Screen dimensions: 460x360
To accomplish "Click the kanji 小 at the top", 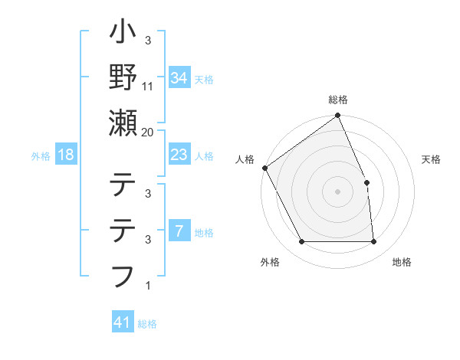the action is [123, 34].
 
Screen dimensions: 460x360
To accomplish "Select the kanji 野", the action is [123, 77].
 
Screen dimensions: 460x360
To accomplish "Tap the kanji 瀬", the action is [123, 123].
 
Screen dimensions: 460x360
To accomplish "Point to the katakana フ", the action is [123, 274].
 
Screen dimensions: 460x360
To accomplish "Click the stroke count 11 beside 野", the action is [148, 87].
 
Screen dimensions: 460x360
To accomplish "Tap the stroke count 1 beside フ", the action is [147, 286].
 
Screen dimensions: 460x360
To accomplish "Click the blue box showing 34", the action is [179, 77].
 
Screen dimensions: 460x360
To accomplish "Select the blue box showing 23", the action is [179, 155].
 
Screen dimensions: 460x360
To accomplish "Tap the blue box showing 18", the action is [66, 155].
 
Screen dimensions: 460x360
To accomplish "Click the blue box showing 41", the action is [122, 322].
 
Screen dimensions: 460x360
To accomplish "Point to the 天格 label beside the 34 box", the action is [204, 78].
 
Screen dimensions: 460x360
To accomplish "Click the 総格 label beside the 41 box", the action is [147, 324].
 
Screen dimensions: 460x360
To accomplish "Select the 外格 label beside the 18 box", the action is [41, 156].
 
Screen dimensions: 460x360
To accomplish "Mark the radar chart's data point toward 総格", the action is [337, 116].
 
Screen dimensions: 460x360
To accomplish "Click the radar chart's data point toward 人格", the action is [265, 168].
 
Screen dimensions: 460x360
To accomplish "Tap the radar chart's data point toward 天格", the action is [366, 182].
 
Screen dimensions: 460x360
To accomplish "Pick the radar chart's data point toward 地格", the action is [374, 242].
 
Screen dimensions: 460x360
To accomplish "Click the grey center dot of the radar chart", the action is [337, 191].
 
